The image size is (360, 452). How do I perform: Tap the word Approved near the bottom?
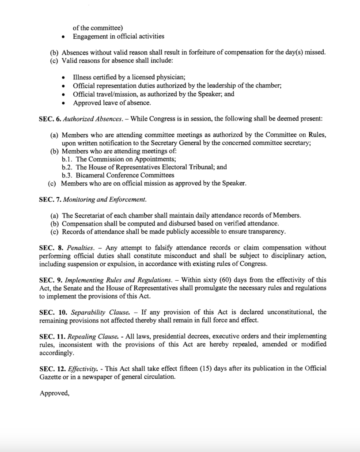(54, 392)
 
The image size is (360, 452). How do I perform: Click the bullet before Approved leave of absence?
(64, 103)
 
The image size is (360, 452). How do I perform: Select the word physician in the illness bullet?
(159, 77)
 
